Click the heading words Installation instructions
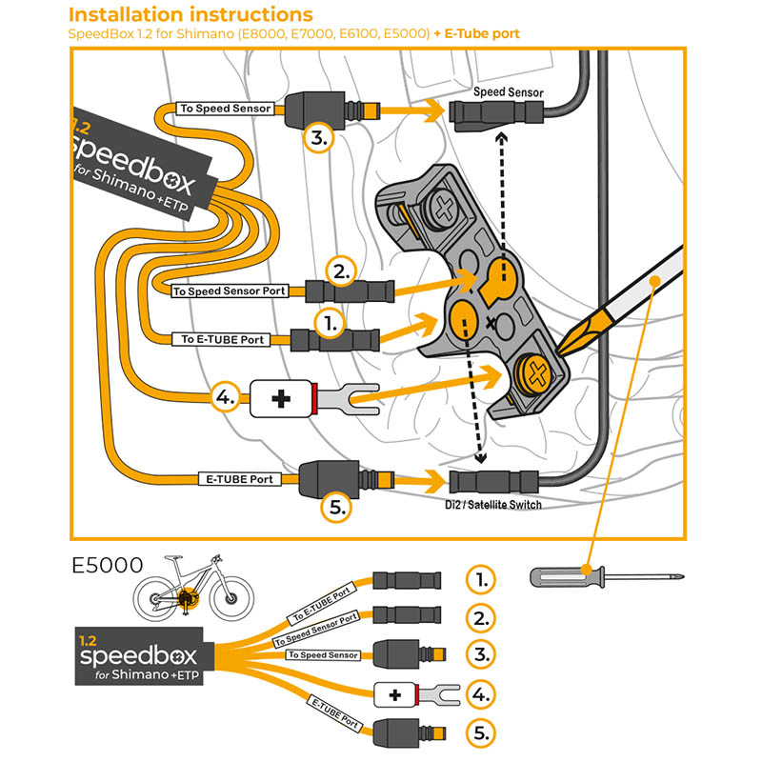point(191,15)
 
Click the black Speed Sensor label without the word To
point(509,92)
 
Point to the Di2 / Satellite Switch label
point(494,504)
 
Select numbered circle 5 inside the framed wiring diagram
point(336,506)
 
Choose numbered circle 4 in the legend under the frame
point(482,694)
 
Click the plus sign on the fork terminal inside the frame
point(281,398)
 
